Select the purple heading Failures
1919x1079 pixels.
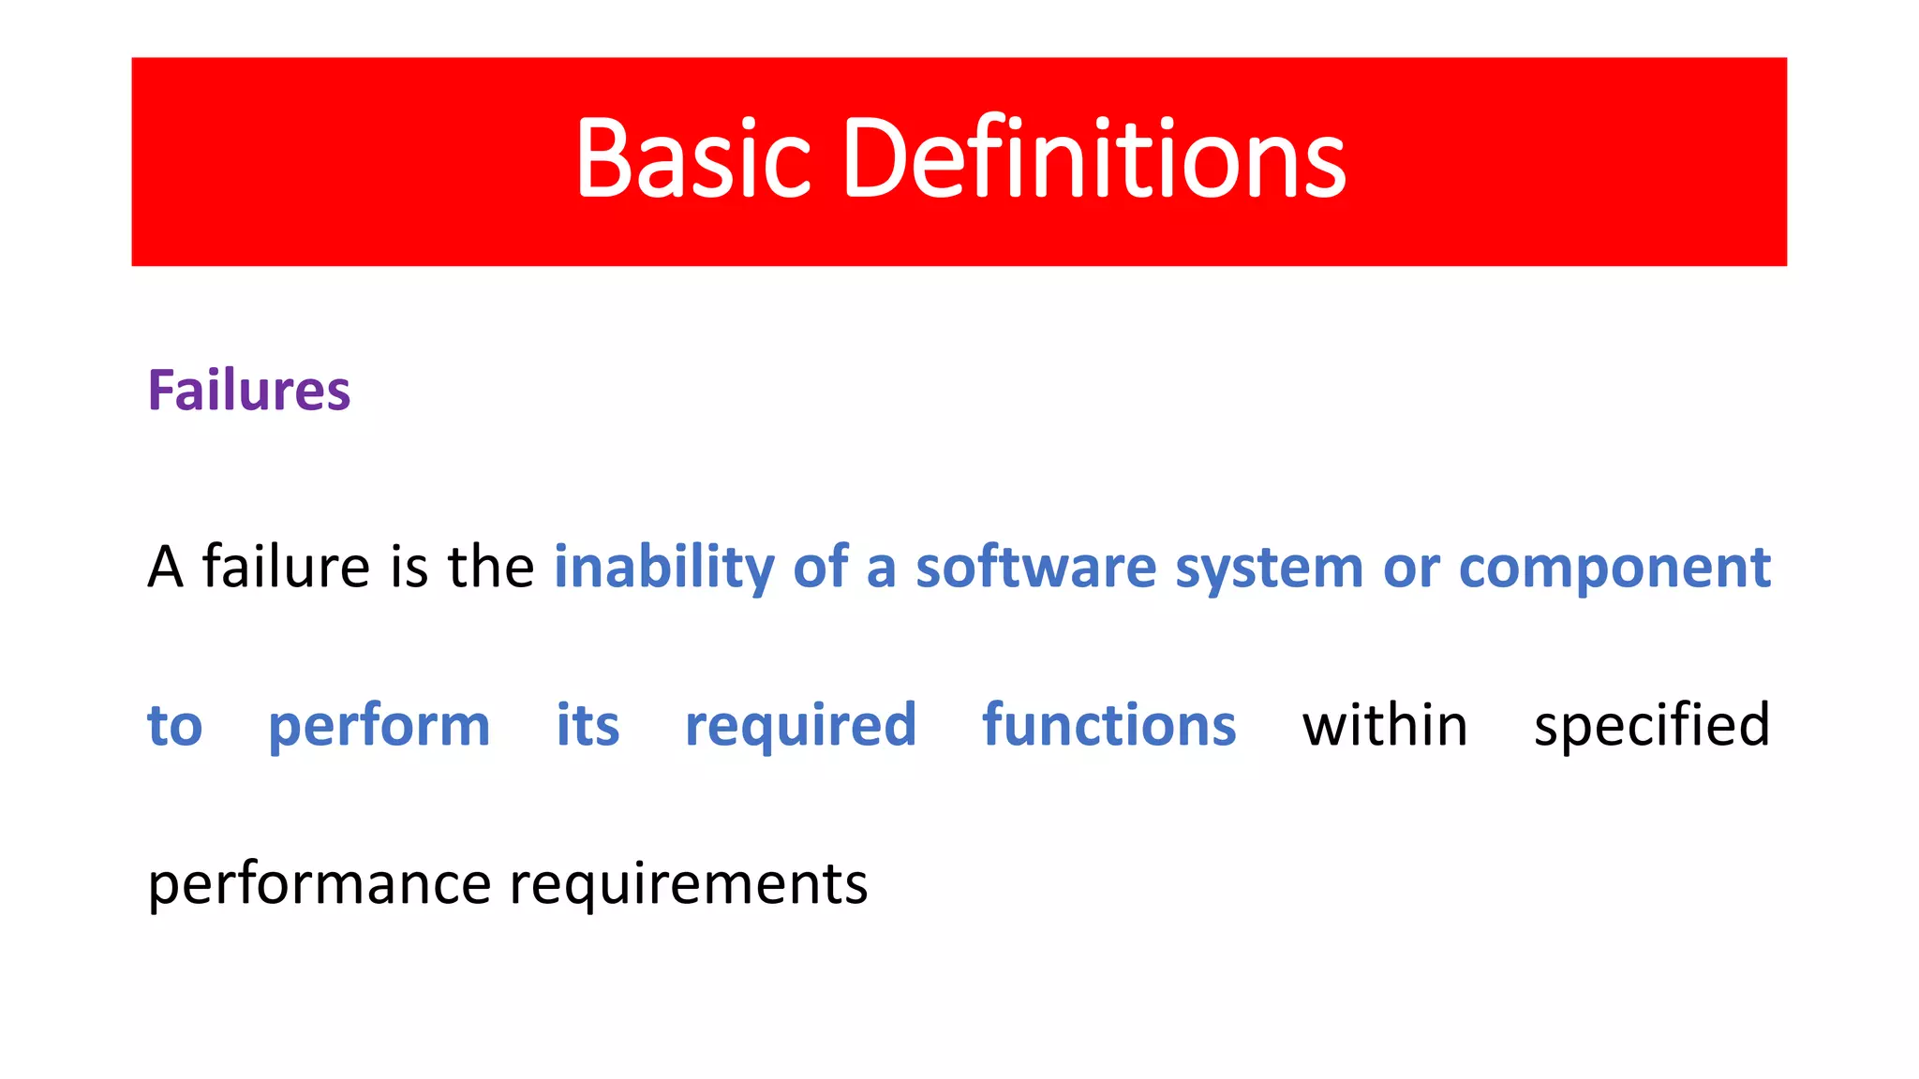(x=249, y=391)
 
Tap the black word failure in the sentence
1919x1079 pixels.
(x=287, y=567)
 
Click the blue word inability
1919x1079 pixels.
(x=663, y=567)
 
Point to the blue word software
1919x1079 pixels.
(x=1035, y=567)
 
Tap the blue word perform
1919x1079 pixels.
(x=379, y=727)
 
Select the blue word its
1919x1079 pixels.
(x=588, y=725)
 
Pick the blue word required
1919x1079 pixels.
(x=800, y=727)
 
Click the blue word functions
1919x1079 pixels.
(x=1108, y=725)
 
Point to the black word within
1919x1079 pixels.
(x=1384, y=725)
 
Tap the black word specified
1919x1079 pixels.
(x=1651, y=727)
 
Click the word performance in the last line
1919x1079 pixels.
(x=320, y=885)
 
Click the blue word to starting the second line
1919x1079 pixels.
(x=175, y=727)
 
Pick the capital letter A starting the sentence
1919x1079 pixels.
(x=165, y=567)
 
